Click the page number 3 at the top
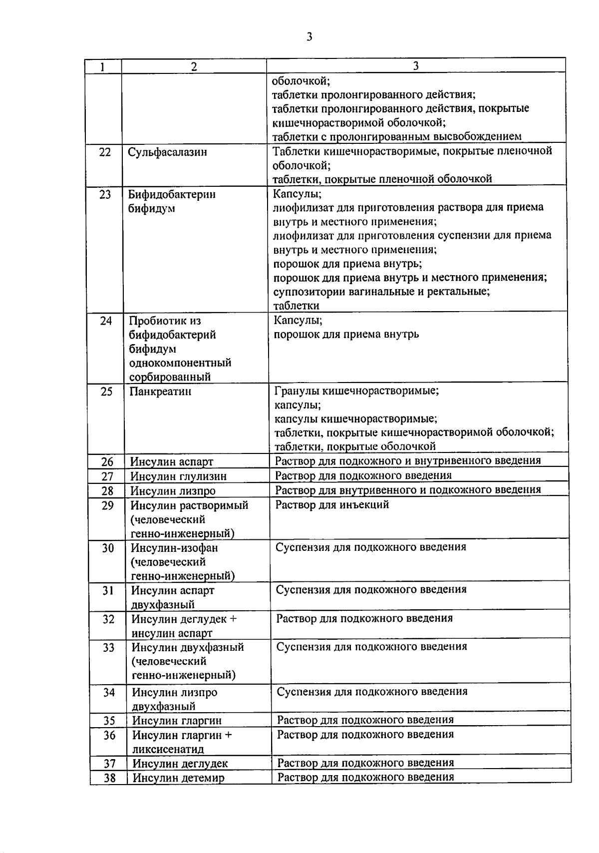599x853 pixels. coord(309,36)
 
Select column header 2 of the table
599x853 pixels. coord(194,66)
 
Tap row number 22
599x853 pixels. coord(105,152)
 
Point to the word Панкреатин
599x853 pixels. coord(160,392)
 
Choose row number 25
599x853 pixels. coord(107,392)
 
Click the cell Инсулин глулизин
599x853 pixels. coord(178,476)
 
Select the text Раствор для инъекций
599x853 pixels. coord(332,505)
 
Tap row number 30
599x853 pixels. coord(108,548)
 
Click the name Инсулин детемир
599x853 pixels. coord(178,778)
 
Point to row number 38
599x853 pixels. coord(109,778)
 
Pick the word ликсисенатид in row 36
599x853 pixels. coord(168,749)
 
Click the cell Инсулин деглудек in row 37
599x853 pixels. coord(180,763)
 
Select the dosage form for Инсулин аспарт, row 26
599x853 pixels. coord(408,460)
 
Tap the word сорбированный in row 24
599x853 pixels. coord(170,377)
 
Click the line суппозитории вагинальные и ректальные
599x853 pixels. coord(381,291)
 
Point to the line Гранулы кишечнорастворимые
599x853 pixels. coord(357,391)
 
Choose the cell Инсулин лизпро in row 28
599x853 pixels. coord(173,491)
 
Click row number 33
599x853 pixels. coord(109,648)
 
